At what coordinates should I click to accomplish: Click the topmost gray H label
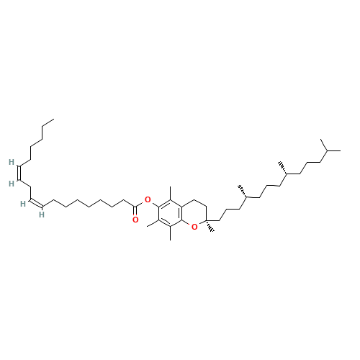(12, 162)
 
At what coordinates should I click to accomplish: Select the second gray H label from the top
(12, 184)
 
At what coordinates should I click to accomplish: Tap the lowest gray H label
(42, 215)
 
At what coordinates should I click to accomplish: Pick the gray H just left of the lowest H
(23, 204)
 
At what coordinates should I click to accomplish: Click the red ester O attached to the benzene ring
(148, 199)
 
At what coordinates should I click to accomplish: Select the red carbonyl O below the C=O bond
(135, 220)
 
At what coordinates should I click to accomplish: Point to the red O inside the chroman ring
(194, 227)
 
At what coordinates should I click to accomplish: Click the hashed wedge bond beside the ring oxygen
(210, 226)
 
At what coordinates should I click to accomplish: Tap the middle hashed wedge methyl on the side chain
(243, 191)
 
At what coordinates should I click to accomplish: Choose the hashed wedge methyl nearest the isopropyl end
(283, 168)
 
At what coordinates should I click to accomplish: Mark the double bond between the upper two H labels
(19, 173)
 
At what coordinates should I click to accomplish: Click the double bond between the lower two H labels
(36, 203)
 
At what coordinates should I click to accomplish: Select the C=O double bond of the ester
(135, 211)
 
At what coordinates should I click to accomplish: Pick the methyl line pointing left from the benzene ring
(153, 223)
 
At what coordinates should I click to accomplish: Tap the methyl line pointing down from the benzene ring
(171, 233)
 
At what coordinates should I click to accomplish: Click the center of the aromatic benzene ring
(171, 213)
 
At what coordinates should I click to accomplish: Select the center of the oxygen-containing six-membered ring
(194, 213)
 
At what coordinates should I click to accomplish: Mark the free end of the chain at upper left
(54, 119)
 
